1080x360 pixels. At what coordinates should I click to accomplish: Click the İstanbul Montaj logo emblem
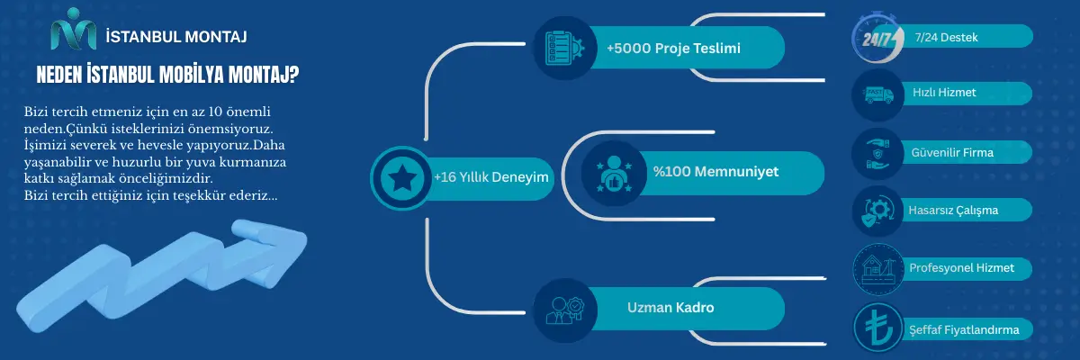coord(73,29)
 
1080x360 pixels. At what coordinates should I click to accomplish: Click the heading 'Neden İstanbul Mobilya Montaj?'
coord(167,75)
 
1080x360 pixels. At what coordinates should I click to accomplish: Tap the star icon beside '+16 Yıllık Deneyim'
coord(402,178)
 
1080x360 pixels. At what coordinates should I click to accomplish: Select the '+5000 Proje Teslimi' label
coord(673,49)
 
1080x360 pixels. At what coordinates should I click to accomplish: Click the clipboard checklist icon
coord(564,48)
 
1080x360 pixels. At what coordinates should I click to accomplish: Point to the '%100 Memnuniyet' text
coord(715,172)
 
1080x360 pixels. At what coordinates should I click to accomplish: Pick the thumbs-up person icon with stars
coord(614,174)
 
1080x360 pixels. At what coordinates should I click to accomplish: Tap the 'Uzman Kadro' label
coord(670,308)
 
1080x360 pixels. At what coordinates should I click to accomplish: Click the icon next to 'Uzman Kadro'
coord(564,310)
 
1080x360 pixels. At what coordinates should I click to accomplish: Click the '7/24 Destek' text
coord(946,37)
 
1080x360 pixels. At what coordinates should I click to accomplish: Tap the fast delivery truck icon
coord(878,94)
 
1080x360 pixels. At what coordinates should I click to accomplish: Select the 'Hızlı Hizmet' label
coord(944,92)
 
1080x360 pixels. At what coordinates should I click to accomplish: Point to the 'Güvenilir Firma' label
coord(952,152)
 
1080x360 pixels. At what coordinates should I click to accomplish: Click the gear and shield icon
coord(878,211)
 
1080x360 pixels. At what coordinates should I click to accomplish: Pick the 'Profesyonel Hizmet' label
coord(961,267)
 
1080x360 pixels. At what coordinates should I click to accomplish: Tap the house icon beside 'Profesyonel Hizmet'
coord(878,269)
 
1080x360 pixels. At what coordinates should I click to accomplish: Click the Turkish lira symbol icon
coord(877,328)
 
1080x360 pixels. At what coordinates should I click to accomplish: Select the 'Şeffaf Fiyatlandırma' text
coord(964,329)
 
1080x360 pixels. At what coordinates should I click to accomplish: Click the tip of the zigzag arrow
coord(307,238)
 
